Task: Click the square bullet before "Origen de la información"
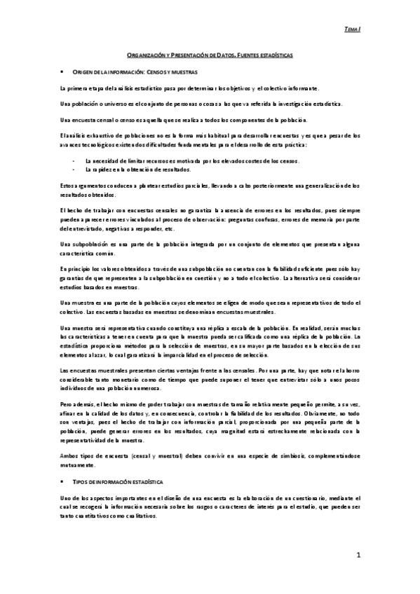(x=63, y=71)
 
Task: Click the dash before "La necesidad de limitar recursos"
(x=74, y=161)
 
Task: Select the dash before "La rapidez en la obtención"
(x=74, y=170)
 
